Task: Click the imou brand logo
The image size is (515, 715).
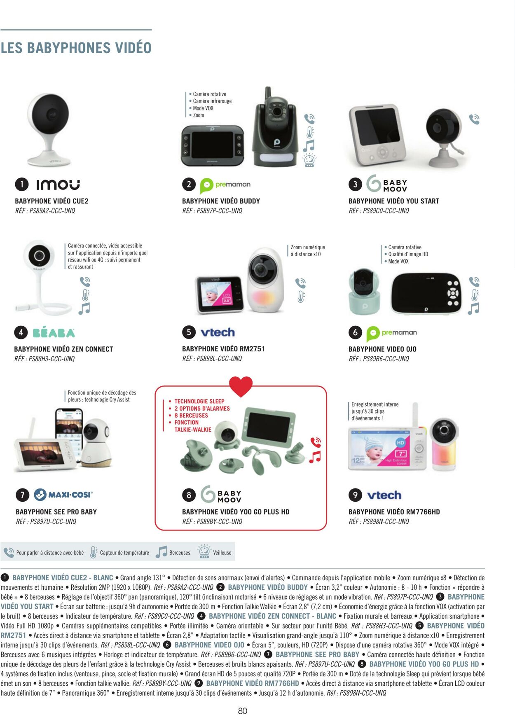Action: (x=58, y=185)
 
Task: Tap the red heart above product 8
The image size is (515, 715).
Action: (x=241, y=386)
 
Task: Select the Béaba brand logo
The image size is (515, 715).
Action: (x=54, y=332)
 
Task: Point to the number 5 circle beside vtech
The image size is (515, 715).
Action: (x=189, y=332)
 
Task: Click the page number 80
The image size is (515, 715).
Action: (x=243, y=710)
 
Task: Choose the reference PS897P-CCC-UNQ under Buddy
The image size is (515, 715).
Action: (x=212, y=211)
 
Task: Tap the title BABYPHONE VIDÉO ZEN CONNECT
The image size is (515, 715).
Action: (x=63, y=349)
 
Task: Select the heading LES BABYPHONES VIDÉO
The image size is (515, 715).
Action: (x=76, y=48)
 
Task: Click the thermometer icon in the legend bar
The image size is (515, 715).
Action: (x=94, y=552)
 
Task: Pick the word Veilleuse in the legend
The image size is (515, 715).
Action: (x=222, y=553)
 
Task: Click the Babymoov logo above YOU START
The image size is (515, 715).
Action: (x=386, y=184)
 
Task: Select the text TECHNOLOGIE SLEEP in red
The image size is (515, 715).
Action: (x=199, y=401)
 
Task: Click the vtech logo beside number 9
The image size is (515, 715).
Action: (x=384, y=495)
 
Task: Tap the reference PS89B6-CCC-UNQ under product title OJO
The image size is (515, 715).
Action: (x=379, y=359)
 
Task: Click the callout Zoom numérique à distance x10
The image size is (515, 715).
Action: (x=308, y=251)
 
